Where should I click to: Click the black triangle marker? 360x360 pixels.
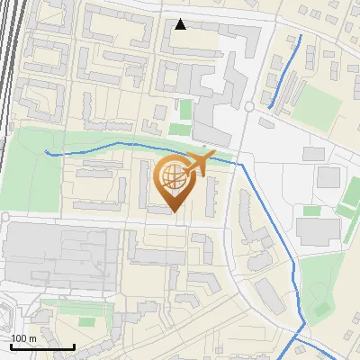[x=181, y=24]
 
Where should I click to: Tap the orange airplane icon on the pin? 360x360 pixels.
[x=200, y=165]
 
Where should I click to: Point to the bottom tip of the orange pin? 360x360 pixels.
[x=174, y=213]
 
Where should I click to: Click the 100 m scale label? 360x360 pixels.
[x=23, y=338]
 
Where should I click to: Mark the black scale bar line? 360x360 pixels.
[x=41, y=346]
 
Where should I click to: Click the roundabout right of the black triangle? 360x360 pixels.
[x=248, y=106]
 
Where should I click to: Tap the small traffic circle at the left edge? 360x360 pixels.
[x=4, y=218]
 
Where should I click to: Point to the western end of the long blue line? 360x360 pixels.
[x=47, y=152]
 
